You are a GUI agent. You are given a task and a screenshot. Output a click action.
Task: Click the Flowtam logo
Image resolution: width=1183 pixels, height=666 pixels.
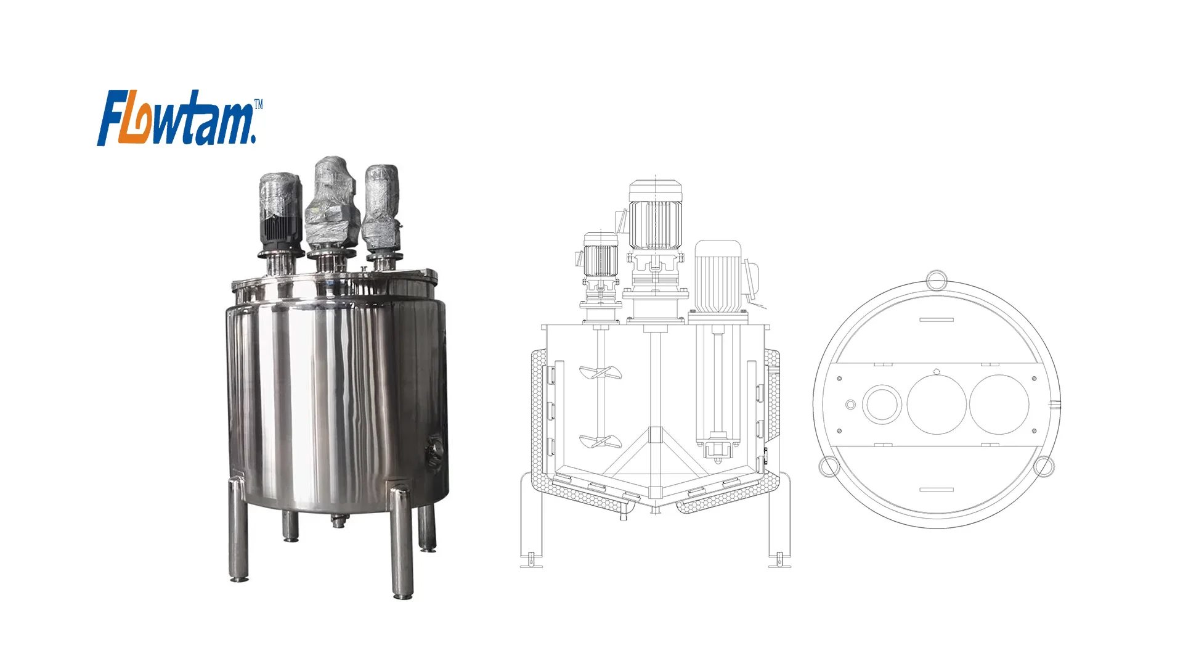coord(176,118)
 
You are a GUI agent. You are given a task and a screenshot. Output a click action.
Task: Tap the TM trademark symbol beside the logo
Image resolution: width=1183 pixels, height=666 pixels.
coord(258,105)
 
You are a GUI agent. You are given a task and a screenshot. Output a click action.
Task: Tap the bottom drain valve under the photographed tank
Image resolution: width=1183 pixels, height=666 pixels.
coord(338,521)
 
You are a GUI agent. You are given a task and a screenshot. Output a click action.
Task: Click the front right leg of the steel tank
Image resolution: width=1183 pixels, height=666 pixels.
coord(401,543)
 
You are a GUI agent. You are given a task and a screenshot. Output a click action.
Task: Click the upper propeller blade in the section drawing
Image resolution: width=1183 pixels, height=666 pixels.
coord(600,372)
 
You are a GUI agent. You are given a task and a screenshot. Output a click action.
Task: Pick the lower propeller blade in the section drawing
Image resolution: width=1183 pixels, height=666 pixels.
coord(600,442)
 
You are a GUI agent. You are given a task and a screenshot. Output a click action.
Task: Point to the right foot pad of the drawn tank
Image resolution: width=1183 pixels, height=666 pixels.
coord(779,562)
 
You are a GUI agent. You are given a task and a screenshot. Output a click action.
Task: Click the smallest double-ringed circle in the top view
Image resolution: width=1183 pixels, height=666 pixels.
coord(850,405)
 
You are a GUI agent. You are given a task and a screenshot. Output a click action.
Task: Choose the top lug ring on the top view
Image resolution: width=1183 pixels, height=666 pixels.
coord(936,279)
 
